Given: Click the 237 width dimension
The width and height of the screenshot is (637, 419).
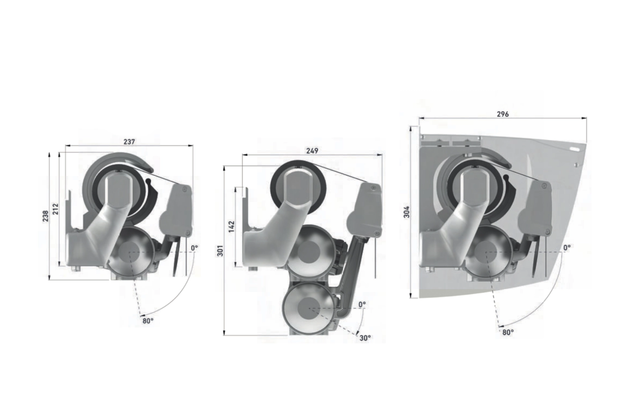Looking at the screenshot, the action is click(129, 141).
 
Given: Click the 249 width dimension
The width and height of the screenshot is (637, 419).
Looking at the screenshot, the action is click(312, 150).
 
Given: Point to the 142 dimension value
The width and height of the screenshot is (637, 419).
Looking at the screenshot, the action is click(231, 226).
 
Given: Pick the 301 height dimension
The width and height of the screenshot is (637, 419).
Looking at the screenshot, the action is click(220, 250).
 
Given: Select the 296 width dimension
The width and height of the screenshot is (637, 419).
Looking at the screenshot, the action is click(503, 114).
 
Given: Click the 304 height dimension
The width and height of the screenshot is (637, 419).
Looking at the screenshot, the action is click(407, 212).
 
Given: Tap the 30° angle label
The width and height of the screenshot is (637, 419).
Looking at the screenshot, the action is click(365, 338).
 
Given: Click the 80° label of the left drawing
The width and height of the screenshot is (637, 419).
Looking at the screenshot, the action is click(148, 321).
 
